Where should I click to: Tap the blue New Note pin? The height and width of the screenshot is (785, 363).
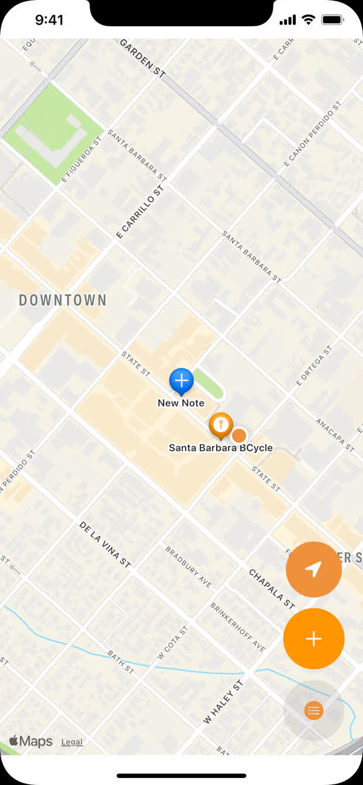181,381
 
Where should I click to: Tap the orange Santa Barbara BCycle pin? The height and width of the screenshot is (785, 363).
221,425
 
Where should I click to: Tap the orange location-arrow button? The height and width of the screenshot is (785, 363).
314,569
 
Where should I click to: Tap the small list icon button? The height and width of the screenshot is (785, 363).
314,711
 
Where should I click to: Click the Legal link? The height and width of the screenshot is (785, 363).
72,742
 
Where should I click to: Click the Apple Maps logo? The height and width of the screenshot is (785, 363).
30,741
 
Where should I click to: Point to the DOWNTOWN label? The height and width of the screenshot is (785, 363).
63,301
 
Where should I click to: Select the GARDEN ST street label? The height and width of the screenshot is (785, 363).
143,58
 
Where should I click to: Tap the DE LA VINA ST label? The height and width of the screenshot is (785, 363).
105,545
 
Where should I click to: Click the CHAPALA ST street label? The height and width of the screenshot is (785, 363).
271,589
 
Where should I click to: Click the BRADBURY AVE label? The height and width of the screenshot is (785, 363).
189,568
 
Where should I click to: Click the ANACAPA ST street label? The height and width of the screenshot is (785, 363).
335,435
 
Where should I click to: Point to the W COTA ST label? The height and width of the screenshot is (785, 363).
173,643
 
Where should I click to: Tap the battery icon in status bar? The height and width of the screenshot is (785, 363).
332,20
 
